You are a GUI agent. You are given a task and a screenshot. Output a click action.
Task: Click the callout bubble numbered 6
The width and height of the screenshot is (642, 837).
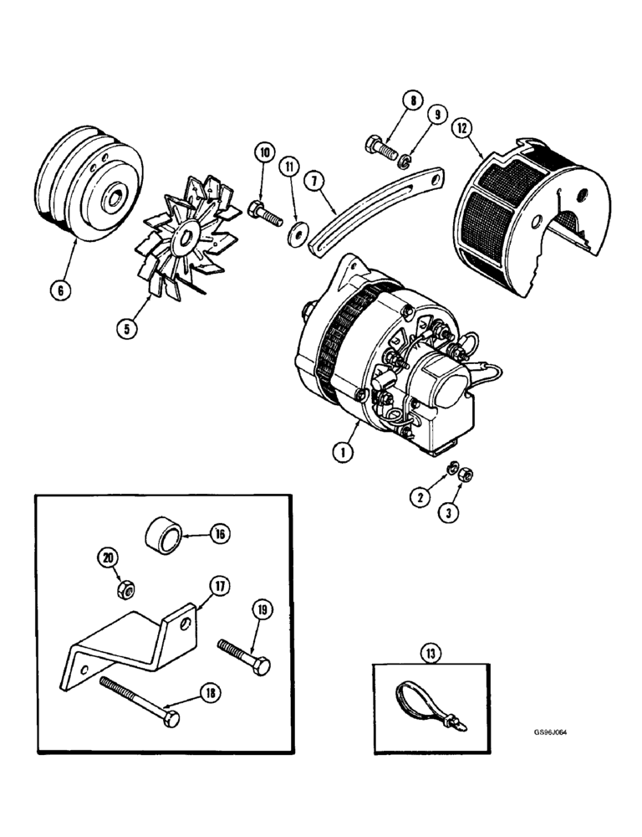point(63,291)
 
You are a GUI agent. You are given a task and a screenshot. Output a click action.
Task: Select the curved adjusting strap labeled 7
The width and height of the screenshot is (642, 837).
point(376,209)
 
